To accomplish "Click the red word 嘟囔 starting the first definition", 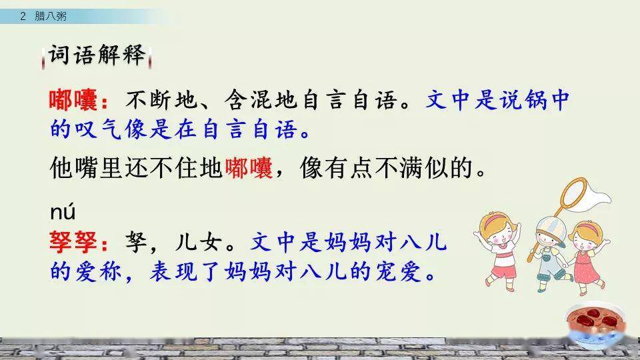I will tap(73, 101).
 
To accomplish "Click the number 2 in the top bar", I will tap(23, 17).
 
